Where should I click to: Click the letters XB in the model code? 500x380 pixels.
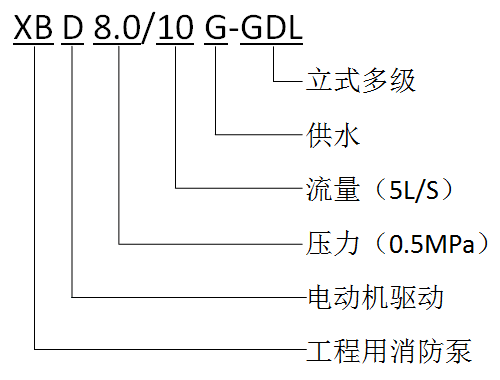coord(33,27)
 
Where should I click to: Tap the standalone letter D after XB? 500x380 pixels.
coord(73,27)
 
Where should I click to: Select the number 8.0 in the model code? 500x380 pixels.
coord(117,27)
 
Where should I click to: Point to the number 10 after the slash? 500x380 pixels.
coord(175,27)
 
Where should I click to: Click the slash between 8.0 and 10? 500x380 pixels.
coord(149,29)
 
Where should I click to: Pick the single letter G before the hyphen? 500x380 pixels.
coord(216,27)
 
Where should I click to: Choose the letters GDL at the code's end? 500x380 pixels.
coord(271,27)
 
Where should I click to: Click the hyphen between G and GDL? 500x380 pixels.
coord(234,30)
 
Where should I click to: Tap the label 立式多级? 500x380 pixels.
coord(361,80)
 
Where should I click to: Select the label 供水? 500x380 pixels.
coord(333,135)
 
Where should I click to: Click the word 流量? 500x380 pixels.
coord(333,189)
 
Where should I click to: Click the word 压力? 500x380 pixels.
coord(333,243)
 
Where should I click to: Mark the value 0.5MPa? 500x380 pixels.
coord(432,244)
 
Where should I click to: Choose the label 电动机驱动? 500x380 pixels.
coord(375,297)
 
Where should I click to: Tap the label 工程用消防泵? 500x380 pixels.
coord(389,351)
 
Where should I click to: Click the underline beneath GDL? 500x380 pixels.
coord(271,44)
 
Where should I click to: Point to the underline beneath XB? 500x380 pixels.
coord(34,44)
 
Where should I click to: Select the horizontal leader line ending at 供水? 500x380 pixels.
coord(260,135)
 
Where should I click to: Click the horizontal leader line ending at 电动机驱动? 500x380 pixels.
coord(189,297)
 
